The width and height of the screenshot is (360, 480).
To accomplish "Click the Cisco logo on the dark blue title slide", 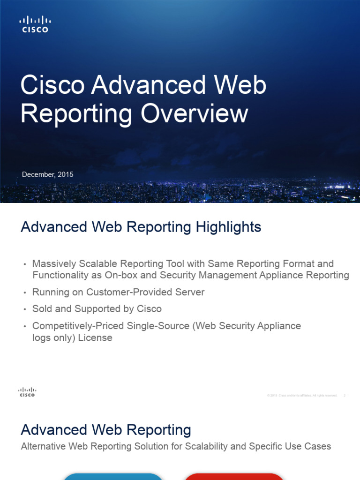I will pos(35,24).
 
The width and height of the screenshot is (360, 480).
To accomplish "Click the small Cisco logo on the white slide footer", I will pos(27,392).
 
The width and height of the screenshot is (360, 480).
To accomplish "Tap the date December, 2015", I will pos(48,174).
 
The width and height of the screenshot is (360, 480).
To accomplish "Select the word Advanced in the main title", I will pos(149,86).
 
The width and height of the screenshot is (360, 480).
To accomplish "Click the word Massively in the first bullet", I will pos(52,264).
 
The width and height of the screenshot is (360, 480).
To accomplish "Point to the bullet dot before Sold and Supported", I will pos(25,309).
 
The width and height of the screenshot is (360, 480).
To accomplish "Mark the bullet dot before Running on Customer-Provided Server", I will pos(25,292).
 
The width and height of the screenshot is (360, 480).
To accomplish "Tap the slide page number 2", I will pos(345,396).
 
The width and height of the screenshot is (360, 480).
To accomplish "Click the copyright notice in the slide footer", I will pos(302,396).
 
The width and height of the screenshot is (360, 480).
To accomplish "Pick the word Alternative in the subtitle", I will pos(44,446).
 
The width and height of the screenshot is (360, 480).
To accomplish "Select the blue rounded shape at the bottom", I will pos(113,477).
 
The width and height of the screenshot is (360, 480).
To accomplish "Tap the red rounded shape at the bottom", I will pos(234,477).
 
